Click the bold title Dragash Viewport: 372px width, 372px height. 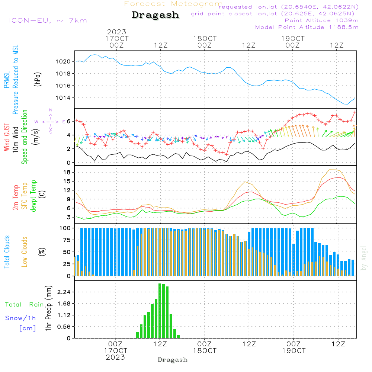tap(155, 15)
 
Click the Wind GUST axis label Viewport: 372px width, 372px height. tap(7, 138)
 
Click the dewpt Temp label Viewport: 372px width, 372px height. tap(33, 196)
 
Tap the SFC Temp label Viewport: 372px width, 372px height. tap(25, 196)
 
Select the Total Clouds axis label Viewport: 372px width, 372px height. tap(7, 252)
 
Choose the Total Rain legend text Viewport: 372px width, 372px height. tap(24, 305)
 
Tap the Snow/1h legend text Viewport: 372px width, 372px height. tap(20, 318)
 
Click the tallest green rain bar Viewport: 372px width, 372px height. tap(160, 311)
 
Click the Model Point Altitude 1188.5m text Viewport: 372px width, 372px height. tap(307, 27)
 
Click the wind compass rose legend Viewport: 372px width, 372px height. tap(51, 121)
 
